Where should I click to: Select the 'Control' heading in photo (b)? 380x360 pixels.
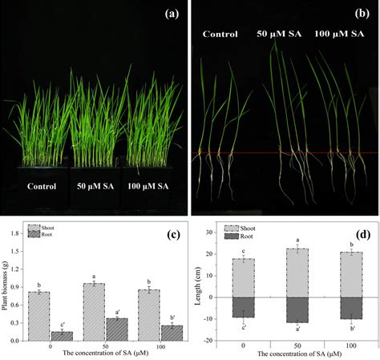click(x=220, y=34)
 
